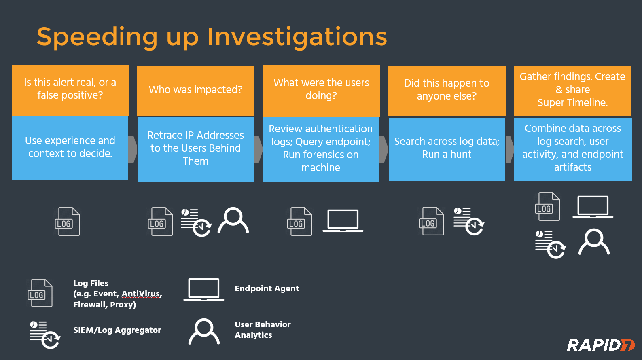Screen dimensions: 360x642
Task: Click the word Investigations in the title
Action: [x=297, y=37]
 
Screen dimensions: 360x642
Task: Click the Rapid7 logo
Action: [x=600, y=345]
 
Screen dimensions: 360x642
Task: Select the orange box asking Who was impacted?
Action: [x=195, y=90]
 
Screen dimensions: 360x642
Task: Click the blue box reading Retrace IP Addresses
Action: [x=195, y=149]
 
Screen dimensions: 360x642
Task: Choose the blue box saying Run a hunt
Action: [x=447, y=149]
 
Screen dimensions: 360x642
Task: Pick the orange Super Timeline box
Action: [x=572, y=90]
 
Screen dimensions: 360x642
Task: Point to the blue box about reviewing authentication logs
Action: [x=321, y=149]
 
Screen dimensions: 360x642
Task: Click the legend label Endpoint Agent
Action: [x=267, y=288]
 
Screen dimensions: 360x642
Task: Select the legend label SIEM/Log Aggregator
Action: [x=117, y=330]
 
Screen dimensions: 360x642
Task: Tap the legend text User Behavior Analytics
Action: [x=263, y=330]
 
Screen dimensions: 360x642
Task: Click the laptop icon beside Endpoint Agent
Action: [x=204, y=290]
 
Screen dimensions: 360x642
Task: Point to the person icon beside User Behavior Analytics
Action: [x=204, y=332]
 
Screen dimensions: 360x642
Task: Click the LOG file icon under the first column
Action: [x=68, y=222]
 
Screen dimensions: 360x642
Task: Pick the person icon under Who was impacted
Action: [x=233, y=221]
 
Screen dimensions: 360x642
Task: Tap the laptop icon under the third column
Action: [x=343, y=221]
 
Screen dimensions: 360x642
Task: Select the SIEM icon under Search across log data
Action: [x=469, y=221]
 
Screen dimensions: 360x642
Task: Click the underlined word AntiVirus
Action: [x=141, y=294]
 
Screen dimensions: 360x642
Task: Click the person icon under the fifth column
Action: [x=593, y=242]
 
